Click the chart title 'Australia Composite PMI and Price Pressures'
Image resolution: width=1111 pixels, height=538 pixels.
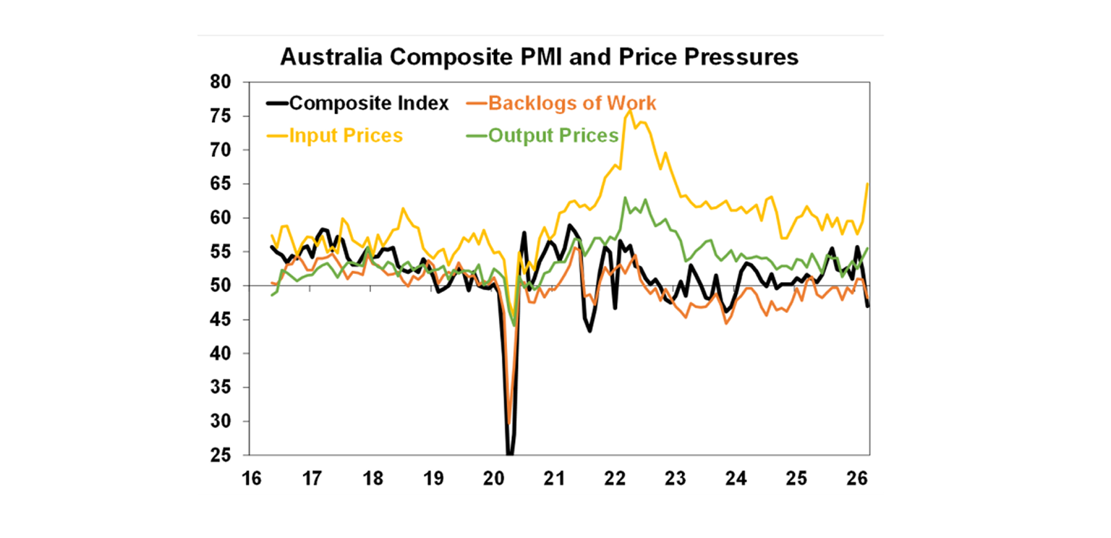539,57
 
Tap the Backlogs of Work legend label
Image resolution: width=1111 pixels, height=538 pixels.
572,103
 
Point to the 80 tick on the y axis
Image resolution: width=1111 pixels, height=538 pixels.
221,82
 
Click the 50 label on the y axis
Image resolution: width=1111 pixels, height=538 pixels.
221,286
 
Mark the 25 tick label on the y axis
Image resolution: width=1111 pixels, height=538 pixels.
221,456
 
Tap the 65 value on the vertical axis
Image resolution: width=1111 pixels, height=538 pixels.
221,184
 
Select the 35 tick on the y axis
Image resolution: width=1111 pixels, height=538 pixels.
221,388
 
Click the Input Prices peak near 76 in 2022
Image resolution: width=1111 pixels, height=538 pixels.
630,111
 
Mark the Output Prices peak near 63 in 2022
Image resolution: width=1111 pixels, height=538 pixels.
625,197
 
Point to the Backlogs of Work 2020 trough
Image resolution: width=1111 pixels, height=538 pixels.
508,423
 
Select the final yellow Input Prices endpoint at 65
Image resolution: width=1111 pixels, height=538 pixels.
867,184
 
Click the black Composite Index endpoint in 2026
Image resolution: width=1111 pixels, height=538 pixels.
867,306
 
